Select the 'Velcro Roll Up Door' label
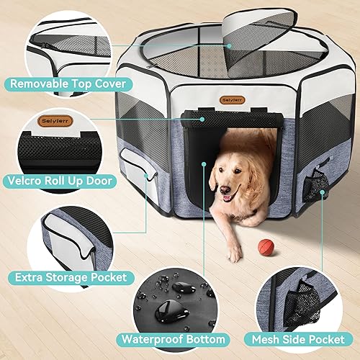coord(68,180)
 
